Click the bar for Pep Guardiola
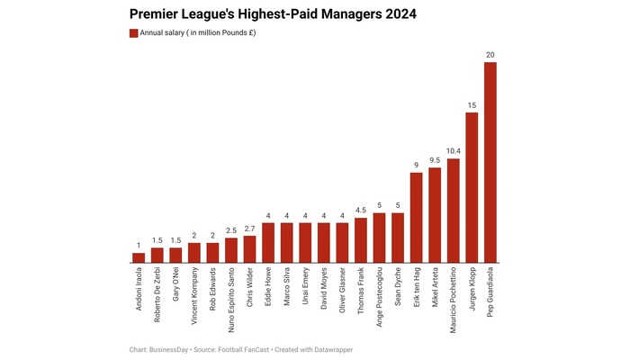[490, 162]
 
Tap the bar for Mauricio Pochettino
[454, 211]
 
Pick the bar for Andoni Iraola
[139, 257]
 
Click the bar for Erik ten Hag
[417, 217]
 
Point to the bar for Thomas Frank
[361, 239]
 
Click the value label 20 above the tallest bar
[490, 55]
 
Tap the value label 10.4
[454, 152]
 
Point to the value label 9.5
[435, 160]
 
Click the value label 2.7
[249, 229]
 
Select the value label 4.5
[361, 211]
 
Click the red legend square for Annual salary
[133, 33]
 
